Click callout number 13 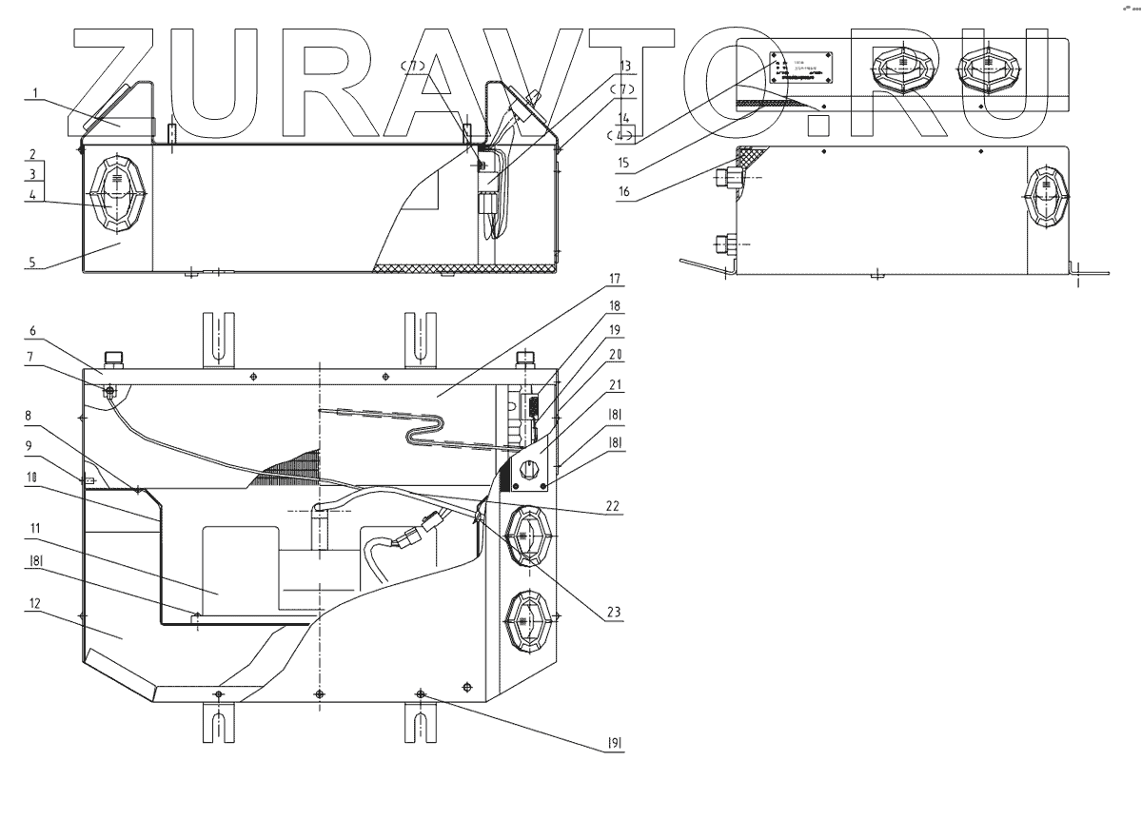point(624,65)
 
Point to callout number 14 point(623,119)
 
